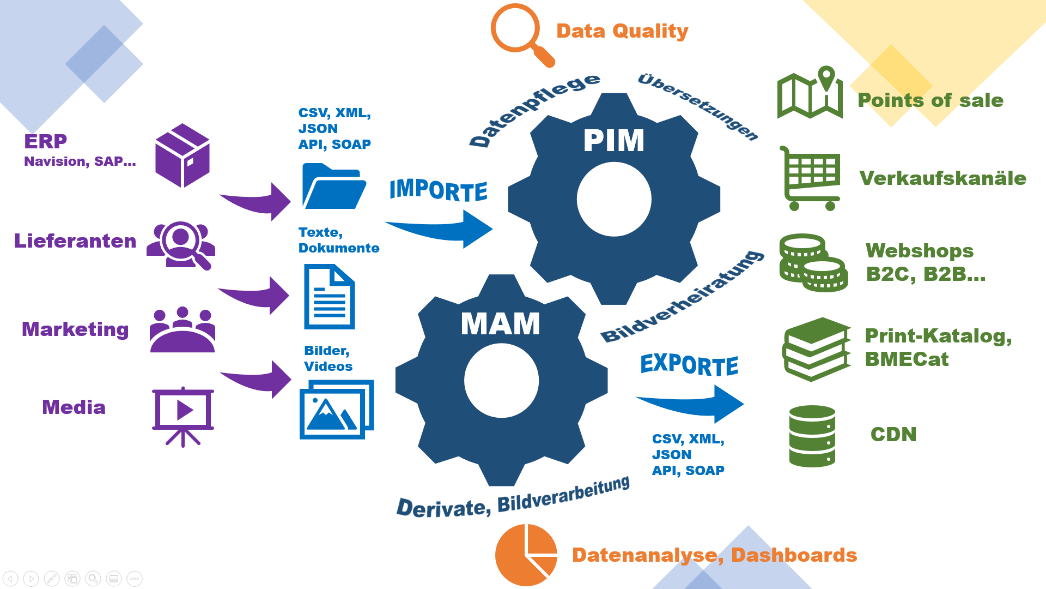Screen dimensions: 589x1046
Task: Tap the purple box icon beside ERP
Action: [183, 155]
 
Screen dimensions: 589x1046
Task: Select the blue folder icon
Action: [333, 187]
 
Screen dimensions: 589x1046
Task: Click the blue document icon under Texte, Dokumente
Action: [329, 297]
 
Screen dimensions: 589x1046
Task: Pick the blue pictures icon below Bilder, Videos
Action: [337, 410]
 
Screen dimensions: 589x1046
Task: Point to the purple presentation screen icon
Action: [183, 416]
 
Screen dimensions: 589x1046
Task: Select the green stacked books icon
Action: [816, 350]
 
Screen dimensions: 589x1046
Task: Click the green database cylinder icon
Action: [812, 436]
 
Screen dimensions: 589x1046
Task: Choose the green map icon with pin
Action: [810, 94]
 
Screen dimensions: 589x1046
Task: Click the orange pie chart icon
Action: [526, 555]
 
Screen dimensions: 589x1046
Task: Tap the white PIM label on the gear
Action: [613, 141]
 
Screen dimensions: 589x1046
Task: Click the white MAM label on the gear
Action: [500, 323]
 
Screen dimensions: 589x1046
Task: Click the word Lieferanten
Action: [75, 241]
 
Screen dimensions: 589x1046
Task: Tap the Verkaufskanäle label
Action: [942, 178]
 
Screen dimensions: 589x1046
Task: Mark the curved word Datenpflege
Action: [534, 109]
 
